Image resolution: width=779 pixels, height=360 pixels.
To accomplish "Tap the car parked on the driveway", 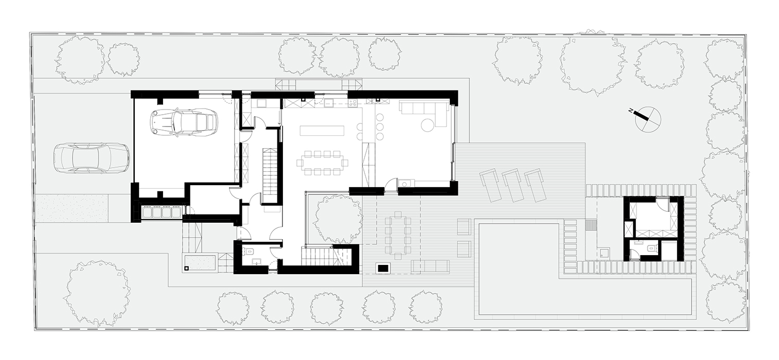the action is tap(92, 158).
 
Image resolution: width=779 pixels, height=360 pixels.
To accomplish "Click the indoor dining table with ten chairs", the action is tap(322, 163).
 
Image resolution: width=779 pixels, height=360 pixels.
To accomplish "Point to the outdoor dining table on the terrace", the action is tap(398, 235).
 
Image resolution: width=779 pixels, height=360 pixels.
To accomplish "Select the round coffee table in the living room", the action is tap(427, 125).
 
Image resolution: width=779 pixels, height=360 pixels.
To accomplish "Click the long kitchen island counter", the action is tap(322, 131).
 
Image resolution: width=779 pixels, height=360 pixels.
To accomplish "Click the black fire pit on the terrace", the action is tap(383, 268).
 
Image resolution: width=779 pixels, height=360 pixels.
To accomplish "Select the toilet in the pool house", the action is tap(651, 248).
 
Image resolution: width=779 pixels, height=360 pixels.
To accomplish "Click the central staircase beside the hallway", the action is tap(269, 175).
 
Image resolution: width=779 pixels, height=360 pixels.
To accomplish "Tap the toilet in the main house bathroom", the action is tap(250, 251).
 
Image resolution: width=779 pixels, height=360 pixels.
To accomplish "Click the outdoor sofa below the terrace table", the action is tap(430, 266).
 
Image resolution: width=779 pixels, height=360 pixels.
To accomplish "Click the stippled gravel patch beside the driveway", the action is tap(72, 208).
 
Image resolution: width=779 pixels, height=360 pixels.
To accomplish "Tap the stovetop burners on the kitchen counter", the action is tap(352, 102).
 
